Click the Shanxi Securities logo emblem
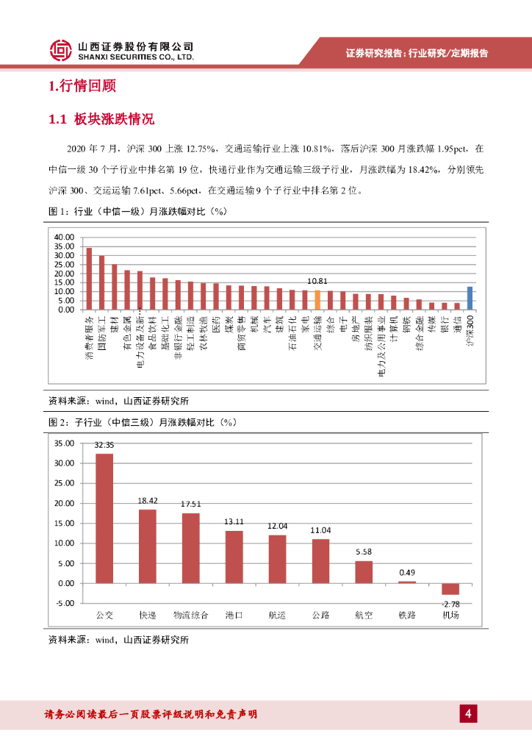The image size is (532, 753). pyautogui.click(x=60, y=50)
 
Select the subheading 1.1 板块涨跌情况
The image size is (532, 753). pyautogui.click(x=101, y=119)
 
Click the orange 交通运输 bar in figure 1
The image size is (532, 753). pyautogui.click(x=317, y=300)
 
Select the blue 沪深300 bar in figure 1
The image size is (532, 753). pyautogui.click(x=470, y=298)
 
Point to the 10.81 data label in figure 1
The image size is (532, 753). pyautogui.click(x=317, y=281)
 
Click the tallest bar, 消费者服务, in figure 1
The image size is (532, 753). pyautogui.click(x=89, y=279)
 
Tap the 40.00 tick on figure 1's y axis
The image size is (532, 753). pyautogui.click(x=65, y=237)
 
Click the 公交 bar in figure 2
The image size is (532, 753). pyautogui.click(x=105, y=518)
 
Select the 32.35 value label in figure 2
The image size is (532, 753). pyautogui.click(x=104, y=445)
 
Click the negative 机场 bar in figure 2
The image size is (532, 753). pyautogui.click(x=450, y=588)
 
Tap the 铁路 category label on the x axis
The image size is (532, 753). pyautogui.click(x=407, y=614)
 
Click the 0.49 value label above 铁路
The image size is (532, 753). pyautogui.click(x=407, y=572)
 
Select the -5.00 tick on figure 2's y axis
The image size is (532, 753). pyautogui.click(x=65, y=602)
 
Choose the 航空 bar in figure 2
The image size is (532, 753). pyautogui.click(x=364, y=571)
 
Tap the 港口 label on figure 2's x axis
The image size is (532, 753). pyautogui.click(x=234, y=614)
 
